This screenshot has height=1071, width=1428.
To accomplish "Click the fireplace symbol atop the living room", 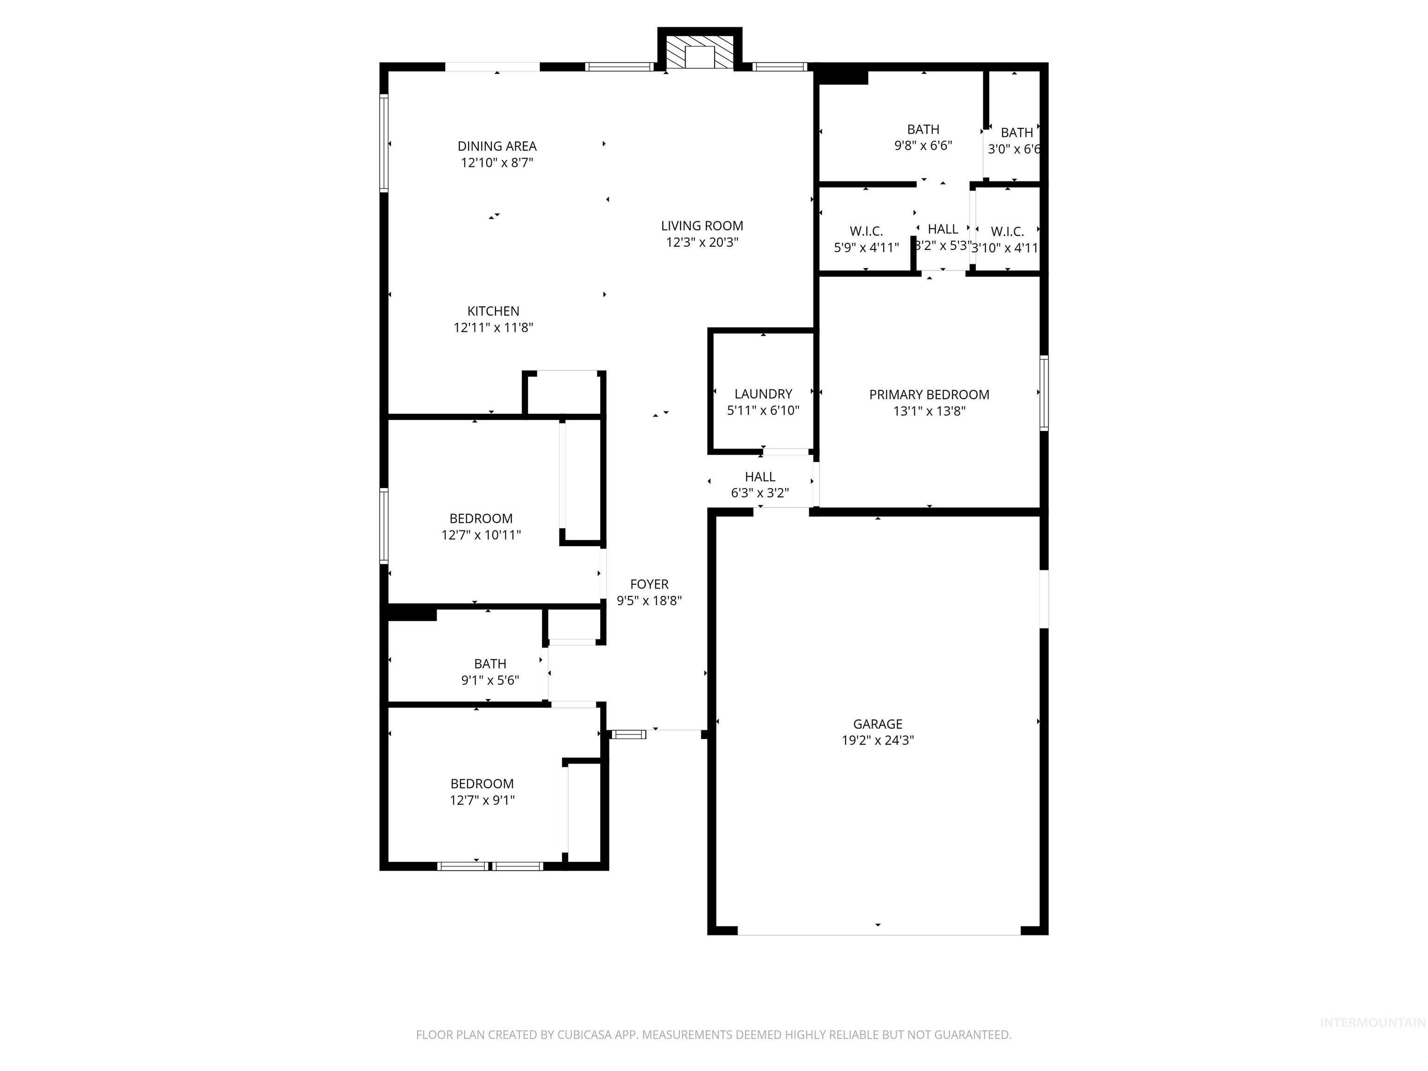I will (700, 52).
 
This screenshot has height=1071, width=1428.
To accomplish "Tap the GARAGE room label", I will (877, 724).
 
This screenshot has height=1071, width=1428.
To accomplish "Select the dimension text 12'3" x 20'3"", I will (702, 243).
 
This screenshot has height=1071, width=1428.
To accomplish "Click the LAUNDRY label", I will (763, 394).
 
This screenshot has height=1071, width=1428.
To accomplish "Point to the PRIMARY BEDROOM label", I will (929, 395).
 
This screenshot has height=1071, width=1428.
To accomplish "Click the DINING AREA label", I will (497, 146).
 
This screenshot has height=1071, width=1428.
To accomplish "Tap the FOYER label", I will (649, 584).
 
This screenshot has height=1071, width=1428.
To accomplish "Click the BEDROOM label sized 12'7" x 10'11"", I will (481, 518).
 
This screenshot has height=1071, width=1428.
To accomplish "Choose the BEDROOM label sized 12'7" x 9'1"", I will (482, 784).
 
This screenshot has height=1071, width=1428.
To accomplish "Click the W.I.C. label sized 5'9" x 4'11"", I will (866, 231).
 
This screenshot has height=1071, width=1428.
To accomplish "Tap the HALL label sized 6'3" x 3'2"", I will (760, 477).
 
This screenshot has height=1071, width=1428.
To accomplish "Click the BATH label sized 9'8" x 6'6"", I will (923, 129).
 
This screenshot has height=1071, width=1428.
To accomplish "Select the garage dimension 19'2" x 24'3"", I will (877, 741).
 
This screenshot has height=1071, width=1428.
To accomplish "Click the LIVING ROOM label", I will (702, 226).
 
